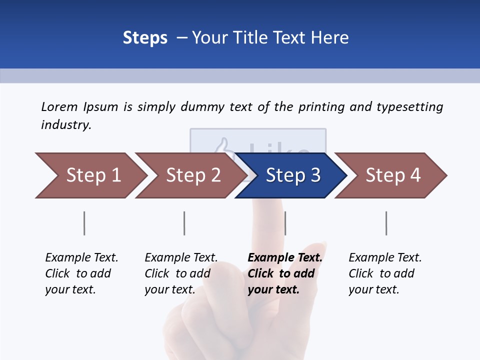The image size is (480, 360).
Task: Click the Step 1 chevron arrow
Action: click(x=93, y=175)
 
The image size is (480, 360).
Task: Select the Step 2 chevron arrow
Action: click(x=193, y=175)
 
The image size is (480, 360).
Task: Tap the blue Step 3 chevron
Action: click(x=293, y=175)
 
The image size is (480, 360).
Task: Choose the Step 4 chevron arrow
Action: click(x=393, y=175)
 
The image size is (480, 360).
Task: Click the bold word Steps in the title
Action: click(x=145, y=38)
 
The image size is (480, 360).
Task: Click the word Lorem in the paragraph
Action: click(x=59, y=106)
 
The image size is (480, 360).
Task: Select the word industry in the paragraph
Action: click(x=65, y=124)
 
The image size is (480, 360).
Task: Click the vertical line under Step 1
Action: click(x=84, y=223)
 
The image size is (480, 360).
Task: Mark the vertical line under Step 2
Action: click(x=184, y=223)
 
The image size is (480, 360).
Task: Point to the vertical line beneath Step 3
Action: click(x=285, y=223)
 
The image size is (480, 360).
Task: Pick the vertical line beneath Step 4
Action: click(x=386, y=223)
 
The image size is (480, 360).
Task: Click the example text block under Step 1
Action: click(x=81, y=273)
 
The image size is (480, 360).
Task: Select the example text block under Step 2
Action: click(x=181, y=273)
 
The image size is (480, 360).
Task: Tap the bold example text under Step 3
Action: click(x=285, y=273)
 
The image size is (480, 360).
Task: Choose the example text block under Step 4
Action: click(x=385, y=273)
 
